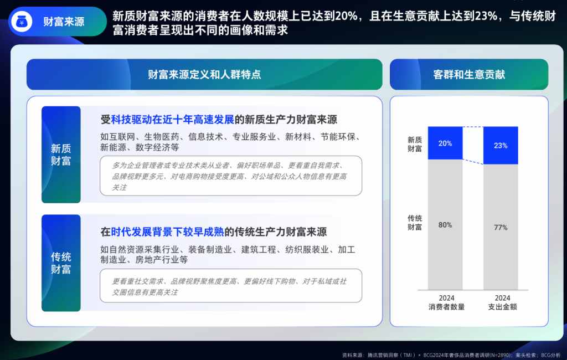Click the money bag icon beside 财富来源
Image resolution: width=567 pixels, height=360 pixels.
pyautogui.click(x=22, y=22)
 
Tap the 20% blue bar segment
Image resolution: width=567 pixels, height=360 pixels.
pyautogui.click(x=445, y=143)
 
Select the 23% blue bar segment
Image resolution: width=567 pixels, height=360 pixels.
pyautogui.click(x=501, y=146)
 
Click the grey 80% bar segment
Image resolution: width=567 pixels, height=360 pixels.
pyautogui.click(x=445, y=225)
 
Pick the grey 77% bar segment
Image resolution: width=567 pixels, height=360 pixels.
pyautogui.click(x=501, y=227)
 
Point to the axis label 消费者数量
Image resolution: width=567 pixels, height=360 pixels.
pyautogui.click(x=447, y=307)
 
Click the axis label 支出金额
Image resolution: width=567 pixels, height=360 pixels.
pyautogui.click(x=502, y=307)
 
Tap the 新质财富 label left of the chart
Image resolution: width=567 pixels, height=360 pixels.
pyautogui.click(x=414, y=144)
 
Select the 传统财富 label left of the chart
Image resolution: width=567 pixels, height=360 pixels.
pyautogui.click(x=414, y=223)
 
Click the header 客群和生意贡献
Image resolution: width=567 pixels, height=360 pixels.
pyautogui.click(x=469, y=75)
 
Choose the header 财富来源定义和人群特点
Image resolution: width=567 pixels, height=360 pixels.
pyautogui.click(x=204, y=75)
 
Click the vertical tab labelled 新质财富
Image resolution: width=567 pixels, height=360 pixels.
pyautogui.click(x=61, y=155)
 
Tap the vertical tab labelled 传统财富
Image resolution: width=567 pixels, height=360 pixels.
pyautogui.click(x=61, y=263)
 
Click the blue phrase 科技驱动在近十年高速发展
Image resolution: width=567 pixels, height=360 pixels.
pyautogui.click(x=173, y=120)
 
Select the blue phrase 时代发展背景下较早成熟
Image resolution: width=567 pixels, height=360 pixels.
pyautogui.click(x=167, y=232)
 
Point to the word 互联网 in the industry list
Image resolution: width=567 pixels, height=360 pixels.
pyautogui.click(x=122, y=137)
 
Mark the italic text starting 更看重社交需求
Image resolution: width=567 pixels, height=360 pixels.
pyautogui.click(x=229, y=286)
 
